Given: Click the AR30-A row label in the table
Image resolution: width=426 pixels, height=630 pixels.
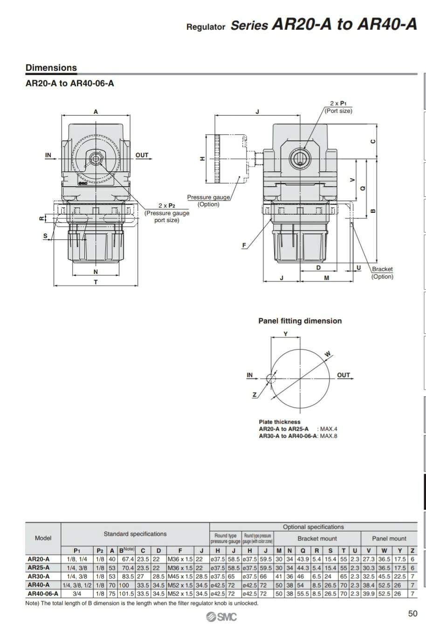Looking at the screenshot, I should pyautogui.click(x=39, y=576).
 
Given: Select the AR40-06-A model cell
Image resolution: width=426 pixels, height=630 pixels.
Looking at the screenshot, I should pyautogui.click(x=43, y=594).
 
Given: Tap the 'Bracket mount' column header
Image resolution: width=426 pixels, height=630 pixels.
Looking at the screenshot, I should pyautogui.click(x=317, y=538).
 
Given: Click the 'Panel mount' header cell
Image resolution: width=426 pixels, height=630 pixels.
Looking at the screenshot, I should pyautogui.click(x=389, y=538).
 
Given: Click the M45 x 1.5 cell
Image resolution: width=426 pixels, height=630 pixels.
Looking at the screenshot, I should pyautogui.click(x=179, y=576).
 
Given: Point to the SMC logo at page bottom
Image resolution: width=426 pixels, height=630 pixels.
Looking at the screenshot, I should pyautogui.click(x=221, y=617).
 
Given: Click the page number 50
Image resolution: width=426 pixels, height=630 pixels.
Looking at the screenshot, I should pyautogui.click(x=412, y=614).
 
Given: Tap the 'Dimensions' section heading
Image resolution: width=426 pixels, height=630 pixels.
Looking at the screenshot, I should pyautogui.click(x=51, y=68).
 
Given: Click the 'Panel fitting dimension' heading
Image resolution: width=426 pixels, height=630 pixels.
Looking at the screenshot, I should pyautogui.click(x=300, y=321).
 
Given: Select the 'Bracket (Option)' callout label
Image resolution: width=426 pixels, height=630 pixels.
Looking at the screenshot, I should pyautogui.click(x=382, y=273).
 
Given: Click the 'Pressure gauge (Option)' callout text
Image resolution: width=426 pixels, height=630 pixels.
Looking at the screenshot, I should pyautogui.click(x=208, y=201).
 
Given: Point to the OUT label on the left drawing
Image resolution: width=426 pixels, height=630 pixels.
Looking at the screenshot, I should pyautogui.click(x=142, y=155).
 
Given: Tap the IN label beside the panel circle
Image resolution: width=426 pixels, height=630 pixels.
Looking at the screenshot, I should pyautogui.click(x=250, y=375).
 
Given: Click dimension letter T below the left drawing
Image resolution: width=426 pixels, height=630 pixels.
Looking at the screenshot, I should pyautogui.click(x=96, y=282).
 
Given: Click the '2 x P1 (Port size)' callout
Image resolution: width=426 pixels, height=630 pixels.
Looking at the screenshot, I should pyautogui.click(x=338, y=107).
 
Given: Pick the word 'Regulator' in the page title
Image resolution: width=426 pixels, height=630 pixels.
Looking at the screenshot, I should pyautogui.click(x=206, y=27).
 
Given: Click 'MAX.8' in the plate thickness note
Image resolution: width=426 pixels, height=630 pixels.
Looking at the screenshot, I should pyautogui.click(x=328, y=436).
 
